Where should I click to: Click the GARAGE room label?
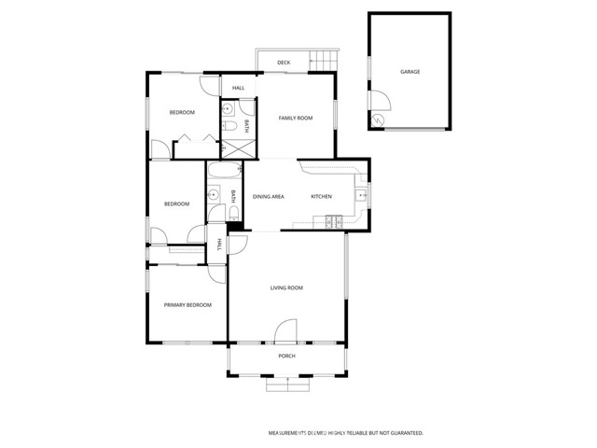(x=410, y=72)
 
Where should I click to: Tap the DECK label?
(x=284, y=63)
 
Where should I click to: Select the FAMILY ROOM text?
(x=296, y=119)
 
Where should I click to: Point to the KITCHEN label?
(x=321, y=196)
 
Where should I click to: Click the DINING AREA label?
(x=269, y=196)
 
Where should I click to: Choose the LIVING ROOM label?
(x=286, y=288)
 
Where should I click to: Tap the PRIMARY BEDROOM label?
(x=187, y=305)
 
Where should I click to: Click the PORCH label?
(x=287, y=357)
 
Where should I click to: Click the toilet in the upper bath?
(x=229, y=106)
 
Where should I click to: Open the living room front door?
(x=285, y=331)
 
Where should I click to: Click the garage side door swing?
(x=378, y=103)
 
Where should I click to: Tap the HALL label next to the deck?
(x=239, y=88)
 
